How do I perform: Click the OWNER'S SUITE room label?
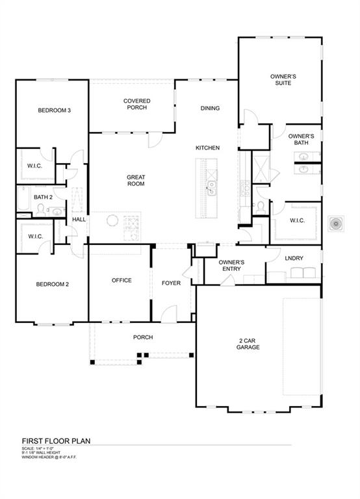point(283,79)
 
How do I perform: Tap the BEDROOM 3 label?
point(54,110)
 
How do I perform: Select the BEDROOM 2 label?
point(53,285)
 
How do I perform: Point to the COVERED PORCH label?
point(137,104)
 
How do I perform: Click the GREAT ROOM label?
point(135,180)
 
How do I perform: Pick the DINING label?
point(210,109)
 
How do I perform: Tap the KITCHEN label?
point(207,148)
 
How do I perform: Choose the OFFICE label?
point(122,281)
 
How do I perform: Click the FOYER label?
point(171,283)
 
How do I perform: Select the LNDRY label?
point(294,259)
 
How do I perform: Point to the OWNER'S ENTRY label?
point(231,265)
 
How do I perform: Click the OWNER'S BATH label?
point(302,139)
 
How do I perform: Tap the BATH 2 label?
point(43,197)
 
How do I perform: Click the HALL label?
point(79,220)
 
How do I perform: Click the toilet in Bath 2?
point(40,209)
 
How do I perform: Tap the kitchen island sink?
point(212,189)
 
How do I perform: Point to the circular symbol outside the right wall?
point(337,224)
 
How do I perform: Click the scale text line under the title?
point(37,448)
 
